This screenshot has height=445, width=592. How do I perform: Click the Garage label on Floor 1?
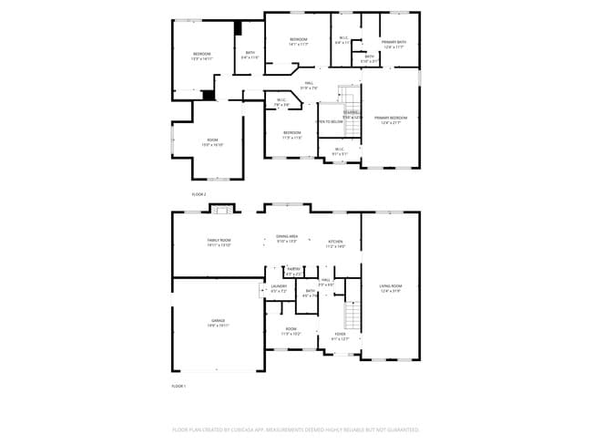(219, 322)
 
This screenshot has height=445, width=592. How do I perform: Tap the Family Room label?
(219, 242)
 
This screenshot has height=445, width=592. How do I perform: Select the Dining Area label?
(287, 238)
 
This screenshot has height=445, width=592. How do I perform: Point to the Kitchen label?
(336, 243)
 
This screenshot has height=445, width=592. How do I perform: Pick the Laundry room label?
(279, 287)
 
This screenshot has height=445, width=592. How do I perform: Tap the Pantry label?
(294, 271)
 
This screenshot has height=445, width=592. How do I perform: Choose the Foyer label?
(340, 336)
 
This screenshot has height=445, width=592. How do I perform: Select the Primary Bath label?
(393, 44)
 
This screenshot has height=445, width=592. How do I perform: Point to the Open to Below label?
(329, 121)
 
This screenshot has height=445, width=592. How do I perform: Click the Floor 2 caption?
(199, 194)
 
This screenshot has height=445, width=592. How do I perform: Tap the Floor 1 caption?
(179, 387)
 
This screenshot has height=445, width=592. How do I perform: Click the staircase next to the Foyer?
(352, 317)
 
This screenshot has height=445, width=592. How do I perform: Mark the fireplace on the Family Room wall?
(219, 212)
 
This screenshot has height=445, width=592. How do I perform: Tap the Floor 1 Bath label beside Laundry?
(311, 293)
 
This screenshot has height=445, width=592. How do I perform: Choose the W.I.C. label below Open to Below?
(339, 151)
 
